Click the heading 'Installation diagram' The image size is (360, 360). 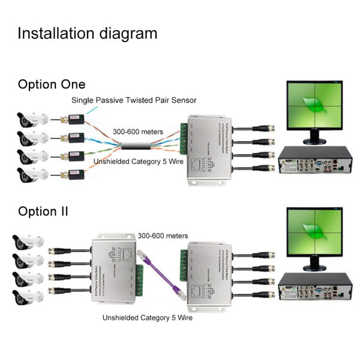tap(87, 33)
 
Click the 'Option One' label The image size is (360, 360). tap(52, 85)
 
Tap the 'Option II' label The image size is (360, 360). tap(43, 211)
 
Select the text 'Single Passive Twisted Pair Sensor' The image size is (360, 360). tap(134, 100)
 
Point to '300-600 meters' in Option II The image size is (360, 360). tap(163, 236)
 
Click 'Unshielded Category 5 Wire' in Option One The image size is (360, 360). tap(136, 163)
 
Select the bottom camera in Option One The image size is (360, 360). tap(29, 175)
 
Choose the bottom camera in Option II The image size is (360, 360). tap(27, 295)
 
